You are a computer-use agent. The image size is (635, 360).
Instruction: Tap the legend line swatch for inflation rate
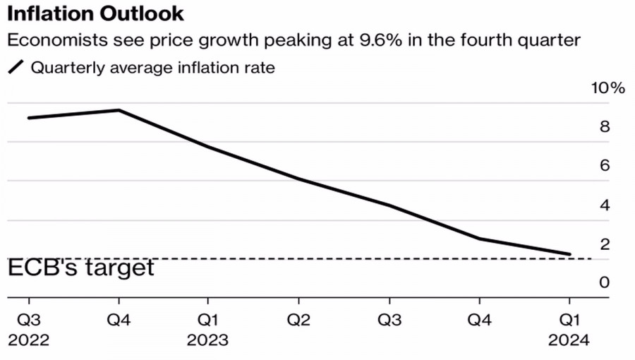coord(16,68)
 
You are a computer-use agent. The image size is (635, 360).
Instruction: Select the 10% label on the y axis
coord(608,88)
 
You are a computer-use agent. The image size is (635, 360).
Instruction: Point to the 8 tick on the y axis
coord(604,127)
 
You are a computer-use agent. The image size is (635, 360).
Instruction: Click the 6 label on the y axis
coord(604,166)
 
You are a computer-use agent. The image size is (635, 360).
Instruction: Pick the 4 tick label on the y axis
coord(604,205)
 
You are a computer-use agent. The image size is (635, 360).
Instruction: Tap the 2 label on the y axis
coord(604,244)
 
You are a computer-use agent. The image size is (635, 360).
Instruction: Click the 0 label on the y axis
coord(604,282)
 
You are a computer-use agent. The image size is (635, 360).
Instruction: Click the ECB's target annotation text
coord(80,268)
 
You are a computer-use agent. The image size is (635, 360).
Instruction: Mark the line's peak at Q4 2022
coord(119,110)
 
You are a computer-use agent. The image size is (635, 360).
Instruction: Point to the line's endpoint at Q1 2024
coord(569,254)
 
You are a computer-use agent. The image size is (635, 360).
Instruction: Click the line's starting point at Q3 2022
coord(29,117)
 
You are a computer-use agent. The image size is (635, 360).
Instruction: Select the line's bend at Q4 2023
coord(479,239)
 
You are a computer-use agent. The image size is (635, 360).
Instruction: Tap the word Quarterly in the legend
coord(62,68)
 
